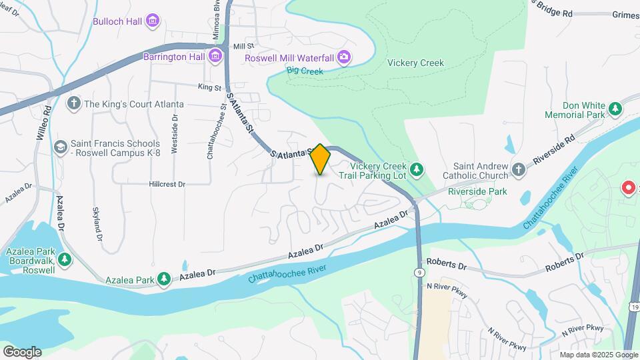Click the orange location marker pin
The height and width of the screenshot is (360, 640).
pos(320,159)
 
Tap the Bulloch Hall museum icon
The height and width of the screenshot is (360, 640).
pos(153,21)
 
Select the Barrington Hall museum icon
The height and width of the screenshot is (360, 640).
pos(215,56)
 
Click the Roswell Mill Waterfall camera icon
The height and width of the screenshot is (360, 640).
pos(343,57)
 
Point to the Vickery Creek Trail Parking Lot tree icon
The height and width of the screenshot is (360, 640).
pos(417,170)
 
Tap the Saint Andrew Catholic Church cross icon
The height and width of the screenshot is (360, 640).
pos(519,170)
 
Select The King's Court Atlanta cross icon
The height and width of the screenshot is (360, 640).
pos(73,104)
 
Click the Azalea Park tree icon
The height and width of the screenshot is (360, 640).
pos(164,278)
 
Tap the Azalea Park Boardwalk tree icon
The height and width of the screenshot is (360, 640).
pos(64,259)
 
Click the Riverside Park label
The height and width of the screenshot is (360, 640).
pos(477,191)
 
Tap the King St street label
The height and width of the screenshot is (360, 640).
pos(209,87)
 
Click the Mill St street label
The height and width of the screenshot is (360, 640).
pos(245,46)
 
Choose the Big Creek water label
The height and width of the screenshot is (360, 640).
pos(305,71)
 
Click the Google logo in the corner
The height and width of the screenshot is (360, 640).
pos(22,351)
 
